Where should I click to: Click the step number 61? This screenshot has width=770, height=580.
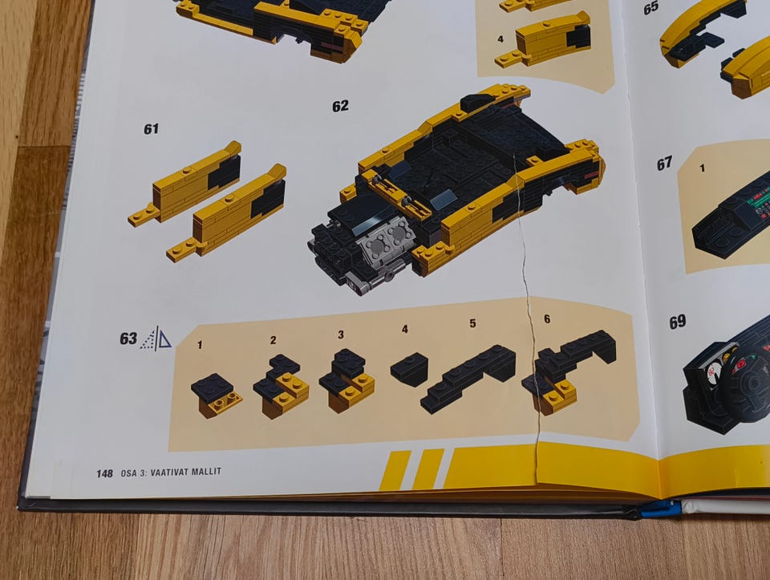click(152, 128)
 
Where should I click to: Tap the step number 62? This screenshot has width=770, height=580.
click(340, 106)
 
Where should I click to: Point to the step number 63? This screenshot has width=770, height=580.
click(128, 339)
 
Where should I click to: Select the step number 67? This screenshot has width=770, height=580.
click(664, 164)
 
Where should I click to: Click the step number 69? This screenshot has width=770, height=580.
click(677, 322)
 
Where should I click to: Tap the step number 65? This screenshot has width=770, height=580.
click(651, 8)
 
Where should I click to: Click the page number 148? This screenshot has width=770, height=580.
click(104, 473)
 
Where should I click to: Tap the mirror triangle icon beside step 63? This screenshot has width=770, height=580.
click(156, 339)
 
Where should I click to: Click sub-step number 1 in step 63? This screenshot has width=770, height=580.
click(200, 345)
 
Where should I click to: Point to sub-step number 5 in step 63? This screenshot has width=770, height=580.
click(472, 323)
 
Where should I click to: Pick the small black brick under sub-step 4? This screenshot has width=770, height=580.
click(410, 369)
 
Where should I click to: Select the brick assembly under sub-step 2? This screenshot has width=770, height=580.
click(282, 386)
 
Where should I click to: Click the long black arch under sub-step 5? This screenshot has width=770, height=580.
click(468, 379)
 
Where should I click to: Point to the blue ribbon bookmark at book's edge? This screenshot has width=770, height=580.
click(660, 509)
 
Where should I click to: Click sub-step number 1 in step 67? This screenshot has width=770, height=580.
click(703, 168)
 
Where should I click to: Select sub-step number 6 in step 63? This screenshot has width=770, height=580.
click(547, 318)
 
